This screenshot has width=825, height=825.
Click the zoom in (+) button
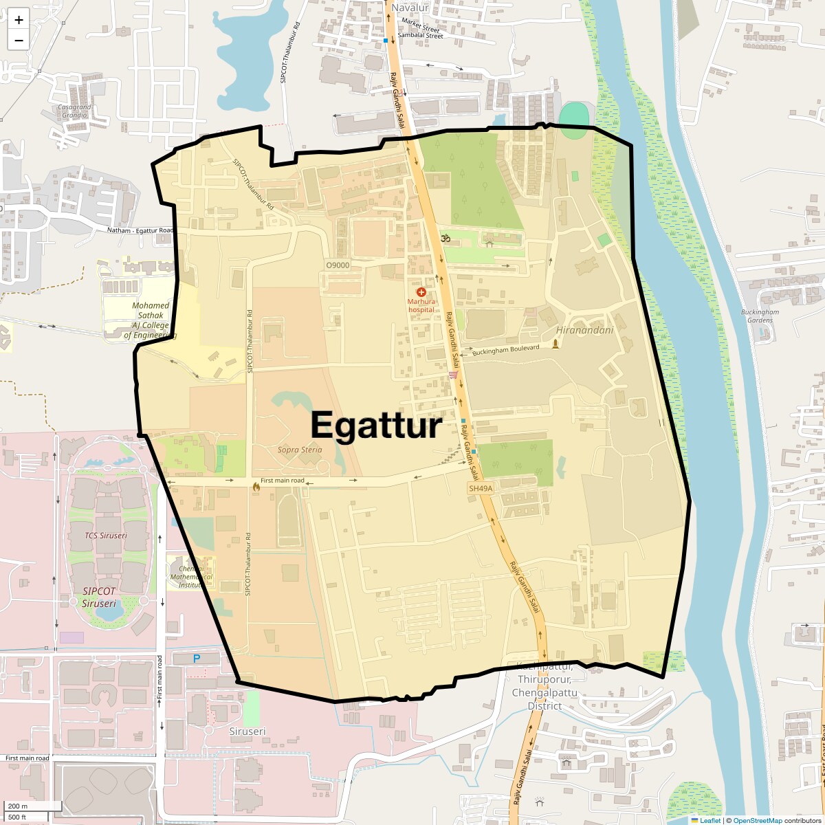click(19, 20)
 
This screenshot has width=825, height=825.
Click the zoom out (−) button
click(19, 40)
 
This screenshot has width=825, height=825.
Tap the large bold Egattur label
click(375, 425)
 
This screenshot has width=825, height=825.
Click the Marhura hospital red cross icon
click(421, 292)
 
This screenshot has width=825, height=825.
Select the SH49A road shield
click(481, 488)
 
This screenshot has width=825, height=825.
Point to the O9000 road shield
click(338, 265)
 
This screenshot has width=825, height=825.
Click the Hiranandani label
click(585, 330)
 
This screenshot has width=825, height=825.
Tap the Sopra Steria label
click(300, 450)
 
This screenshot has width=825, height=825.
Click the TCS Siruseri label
click(106, 535)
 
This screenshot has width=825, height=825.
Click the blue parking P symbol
click(196, 659)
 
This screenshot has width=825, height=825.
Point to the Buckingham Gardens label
click(760, 316)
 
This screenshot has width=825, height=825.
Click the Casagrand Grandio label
click(74, 111)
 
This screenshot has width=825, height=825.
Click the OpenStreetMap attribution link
click(757, 820)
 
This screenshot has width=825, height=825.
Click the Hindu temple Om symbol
click(445, 239)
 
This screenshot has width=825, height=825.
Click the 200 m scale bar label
click(19, 806)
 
